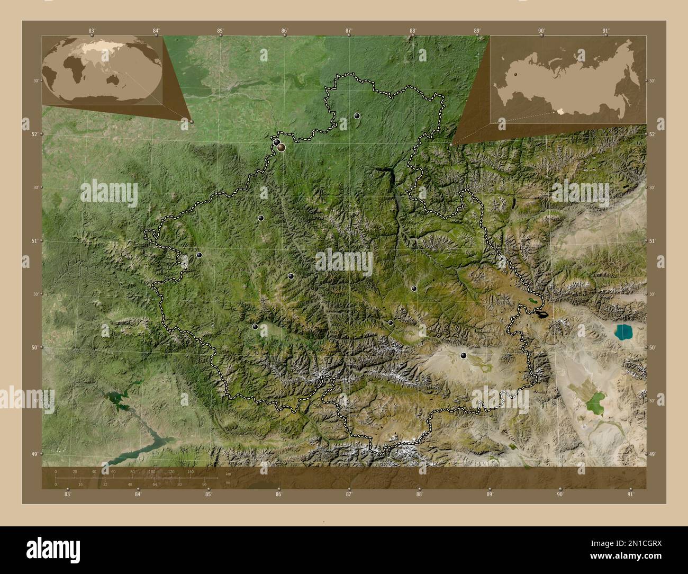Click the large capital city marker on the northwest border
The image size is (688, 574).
(x=281, y=147)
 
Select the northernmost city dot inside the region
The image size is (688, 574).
(x=357, y=115)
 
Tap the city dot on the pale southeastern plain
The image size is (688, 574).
(x=464, y=355)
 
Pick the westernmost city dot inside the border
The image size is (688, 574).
(x=200, y=255)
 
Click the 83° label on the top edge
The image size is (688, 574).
(x=92, y=31)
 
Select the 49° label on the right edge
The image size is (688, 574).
(x=652, y=454)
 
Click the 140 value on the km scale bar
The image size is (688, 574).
(x=190, y=471)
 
